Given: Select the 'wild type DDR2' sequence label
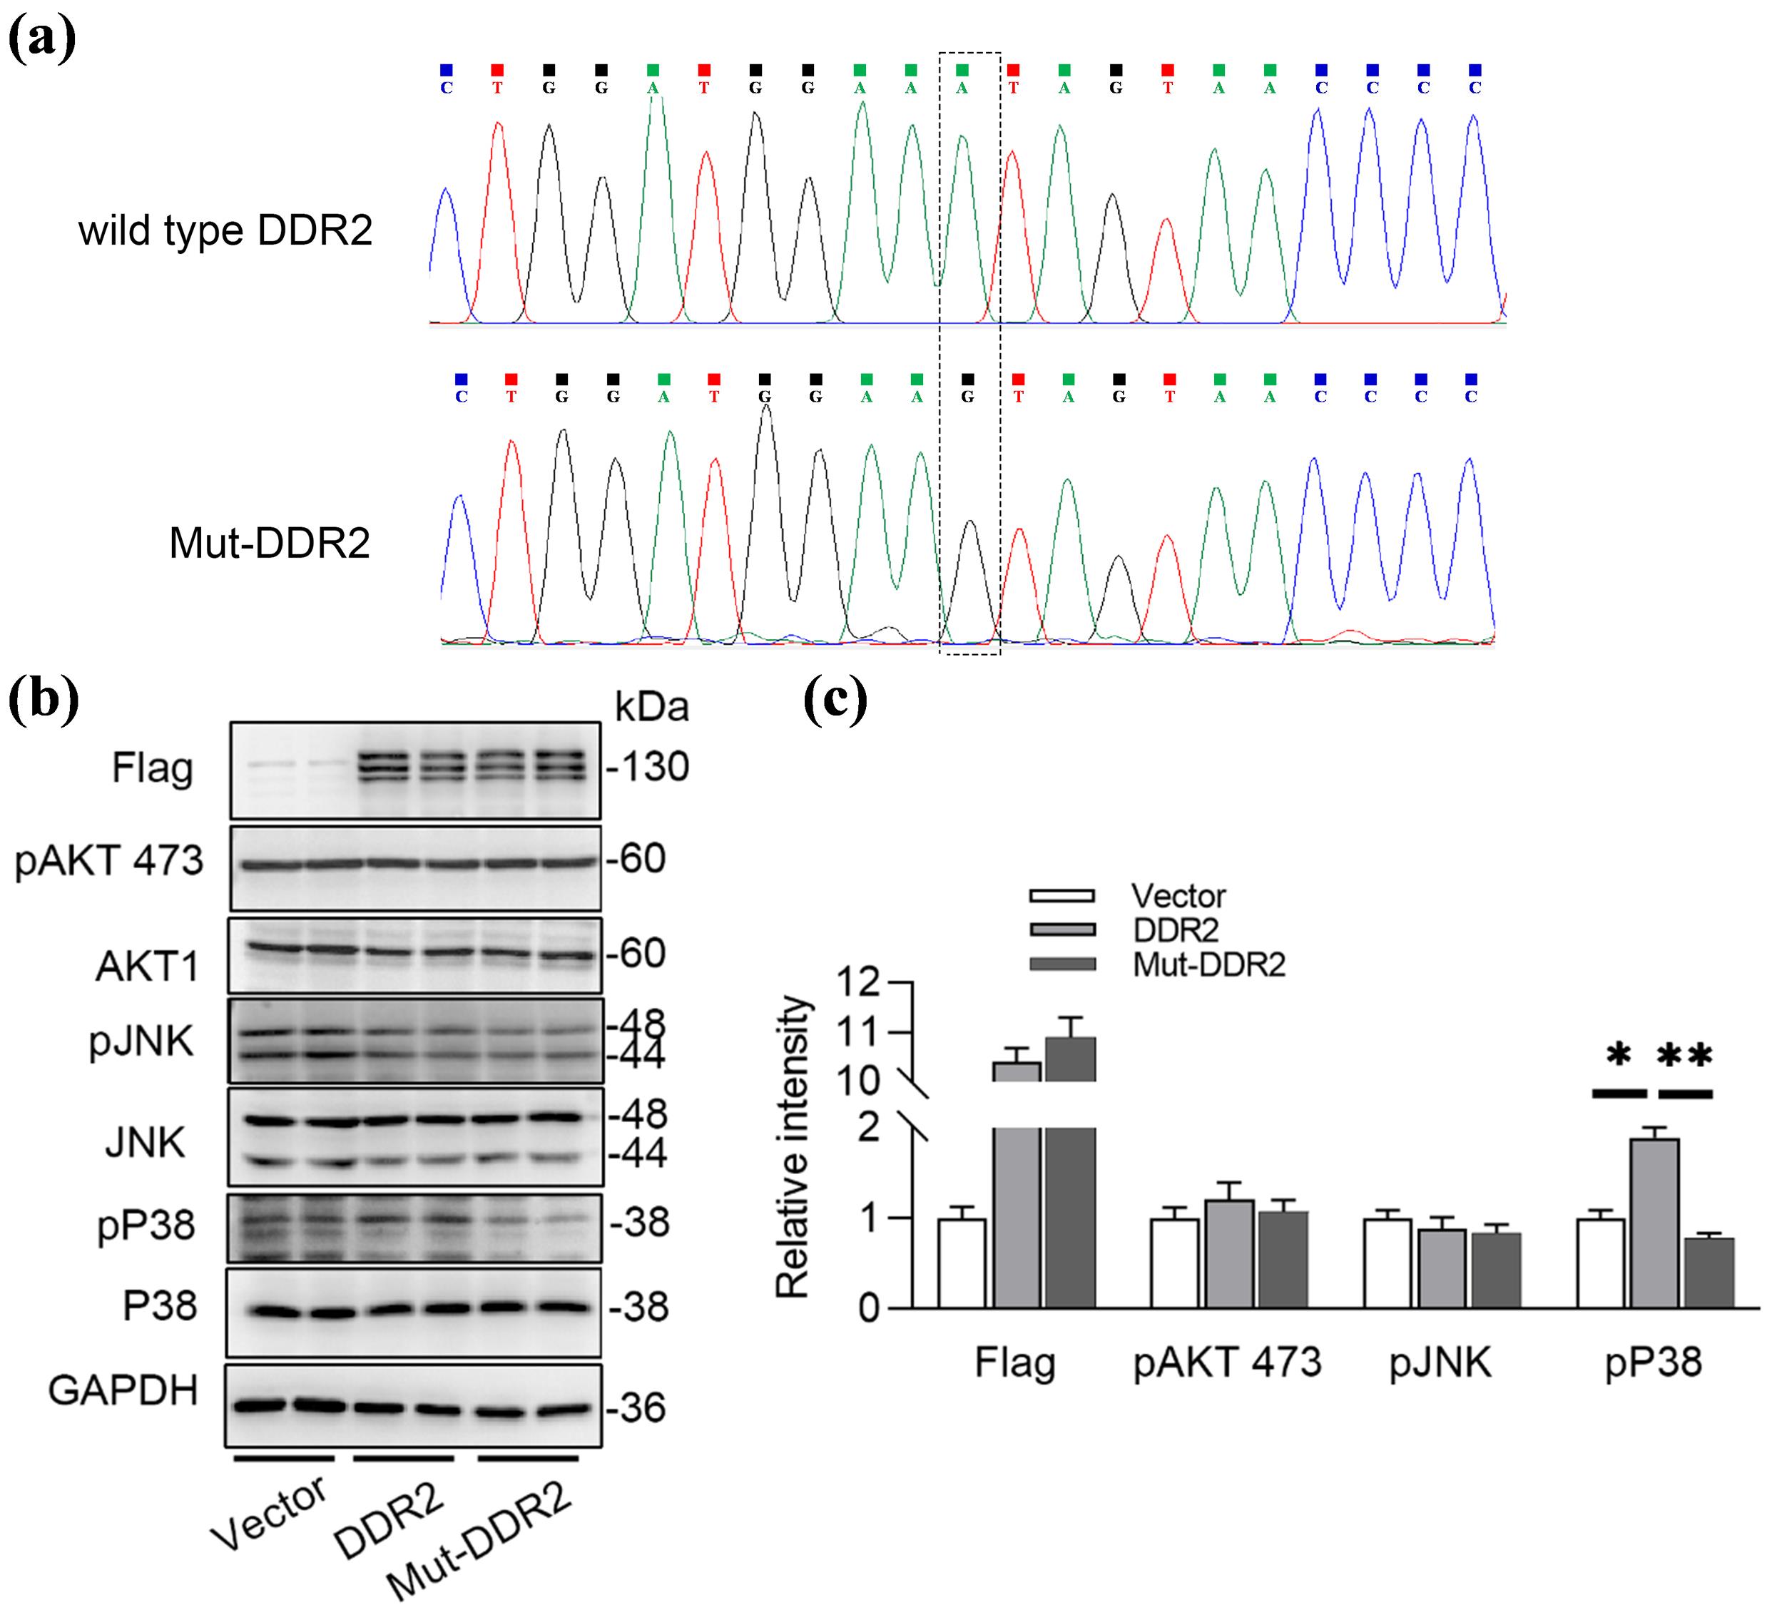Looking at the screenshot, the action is click(225, 231).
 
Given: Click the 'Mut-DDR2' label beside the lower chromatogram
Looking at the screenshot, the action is click(269, 543).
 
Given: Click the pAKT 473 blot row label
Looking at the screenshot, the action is click(109, 860).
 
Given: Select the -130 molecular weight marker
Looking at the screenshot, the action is click(648, 768).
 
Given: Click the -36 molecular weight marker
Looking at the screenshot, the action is click(636, 1407).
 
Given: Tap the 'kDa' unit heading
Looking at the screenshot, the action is click(651, 707).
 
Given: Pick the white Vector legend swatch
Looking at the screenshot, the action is click(1062, 895).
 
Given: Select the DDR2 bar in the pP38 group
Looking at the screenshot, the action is click(1654, 1223).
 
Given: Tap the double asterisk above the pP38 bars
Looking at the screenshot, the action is click(1685, 1055).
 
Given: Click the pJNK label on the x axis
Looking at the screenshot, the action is click(1440, 1362).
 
